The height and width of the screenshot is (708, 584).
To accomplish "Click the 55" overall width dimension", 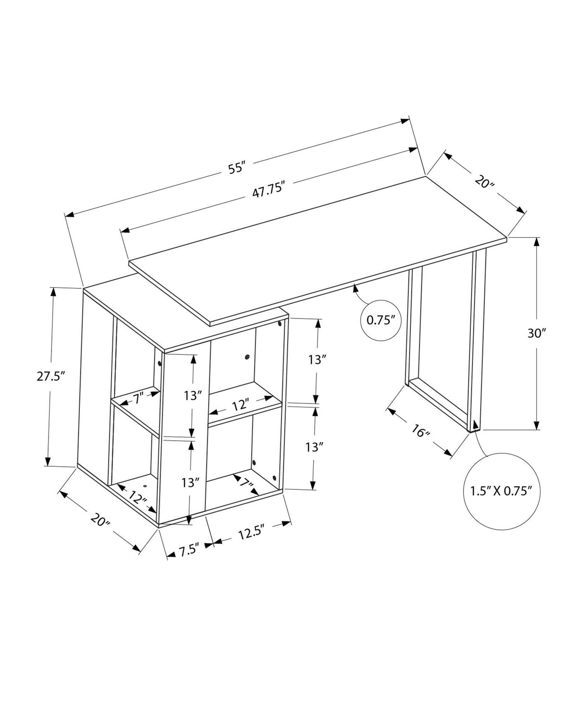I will click(237, 169).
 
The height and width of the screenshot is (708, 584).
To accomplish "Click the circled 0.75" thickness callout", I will click(381, 320).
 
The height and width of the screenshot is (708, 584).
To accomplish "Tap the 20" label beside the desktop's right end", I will click(483, 182).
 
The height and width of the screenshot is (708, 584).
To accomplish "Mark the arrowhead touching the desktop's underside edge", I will click(355, 287).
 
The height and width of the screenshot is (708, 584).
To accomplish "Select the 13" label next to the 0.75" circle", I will click(317, 360).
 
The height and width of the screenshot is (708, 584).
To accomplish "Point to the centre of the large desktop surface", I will click(317, 250).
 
